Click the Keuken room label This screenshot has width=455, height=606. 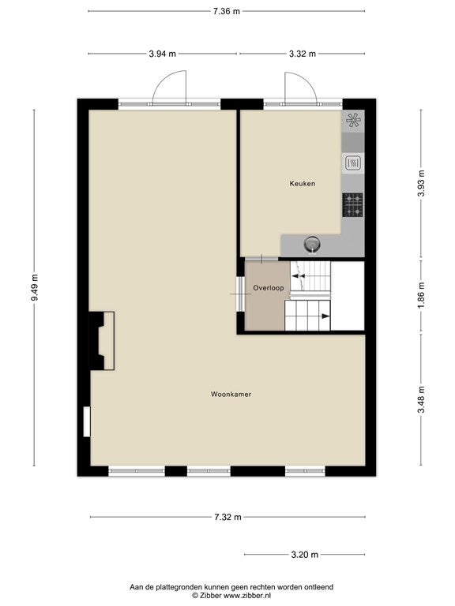[x=303, y=184]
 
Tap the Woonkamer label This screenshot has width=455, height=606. [x=231, y=395]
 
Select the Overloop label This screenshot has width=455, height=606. [x=269, y=288]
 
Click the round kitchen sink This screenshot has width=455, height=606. [x=312, y=245]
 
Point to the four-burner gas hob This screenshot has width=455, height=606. [x=353, y=205]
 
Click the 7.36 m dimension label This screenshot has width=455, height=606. [x=227, y=11]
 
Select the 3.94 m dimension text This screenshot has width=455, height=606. [x=163, y=54]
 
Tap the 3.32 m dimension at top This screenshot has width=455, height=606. [x=303, y=54]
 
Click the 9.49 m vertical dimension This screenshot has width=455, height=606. [x=35, y=287]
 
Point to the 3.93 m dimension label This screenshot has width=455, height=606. [x=421, y=183]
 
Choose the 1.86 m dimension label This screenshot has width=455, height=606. [x=421, y=294]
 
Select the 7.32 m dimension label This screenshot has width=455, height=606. [x=227, y=517]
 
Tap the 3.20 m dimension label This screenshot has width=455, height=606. [x=305, y=555]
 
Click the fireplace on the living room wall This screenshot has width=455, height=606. [x=102, y=341]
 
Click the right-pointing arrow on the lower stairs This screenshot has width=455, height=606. [x=325, y=316]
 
